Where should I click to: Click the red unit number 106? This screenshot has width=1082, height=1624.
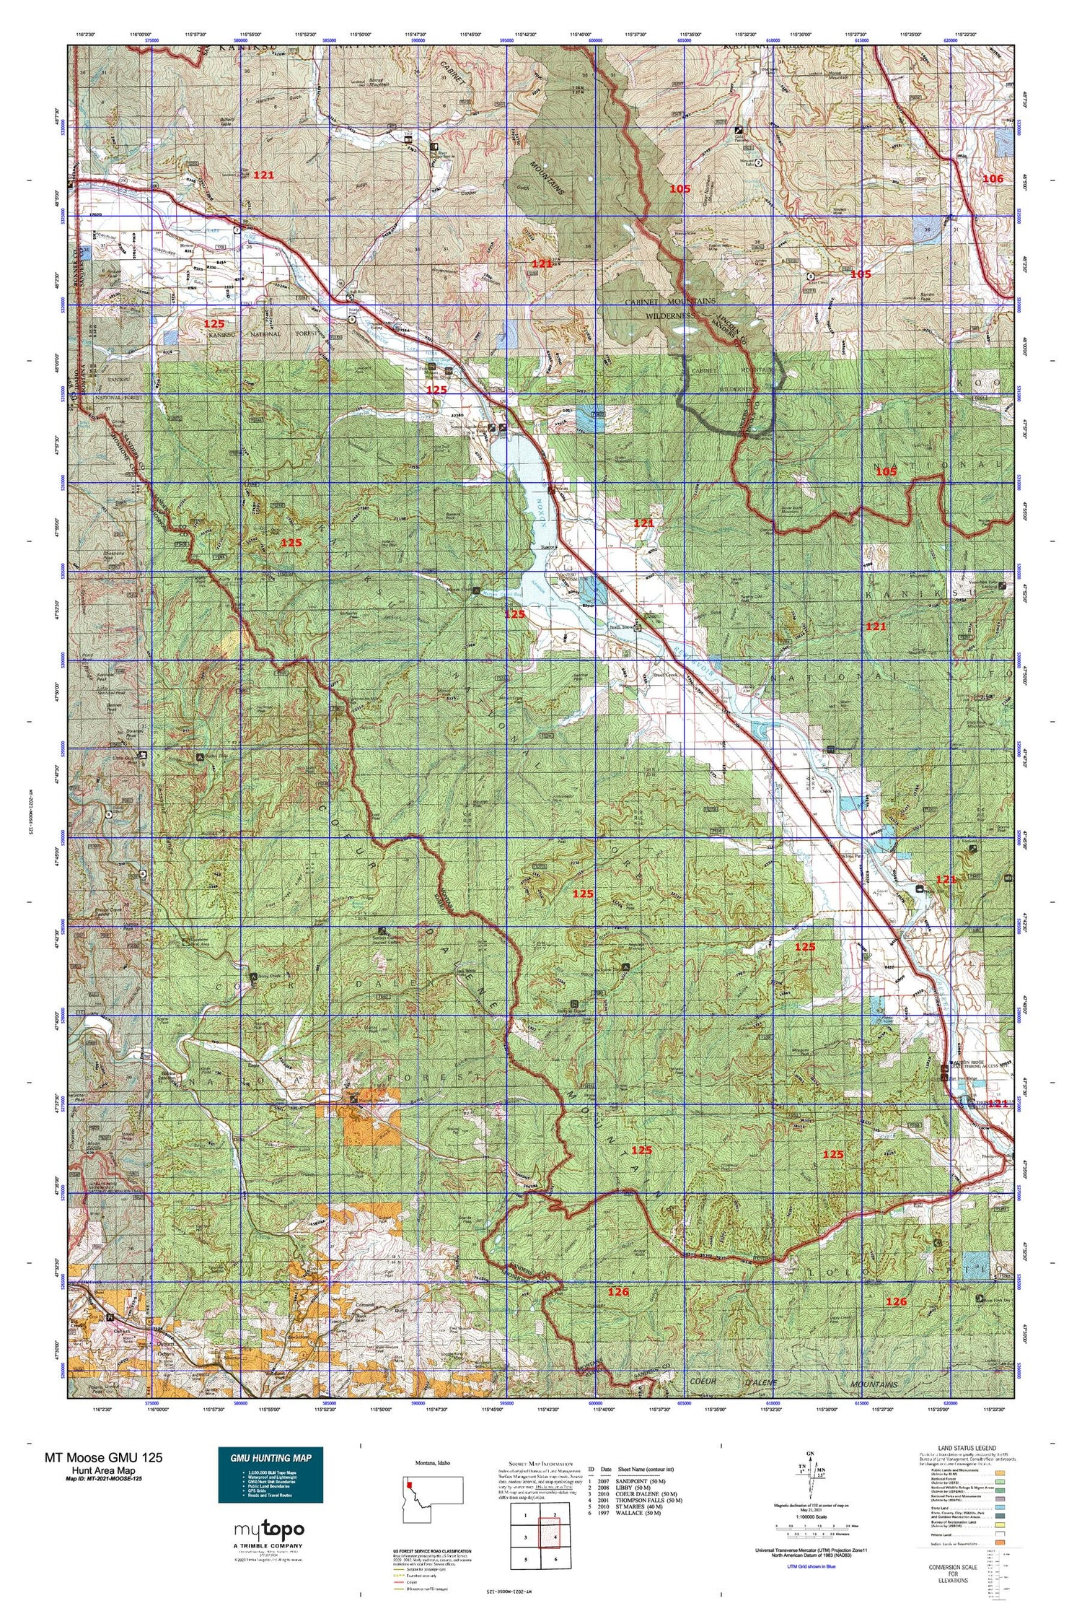[x=993, y=178]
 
